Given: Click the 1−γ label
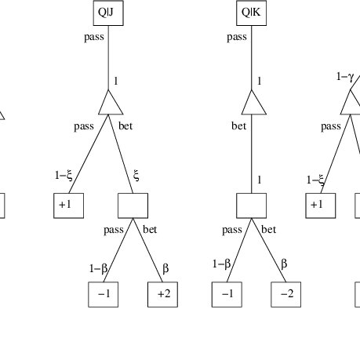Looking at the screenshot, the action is pos(345,77).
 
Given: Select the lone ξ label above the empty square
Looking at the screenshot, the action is pos(136,175).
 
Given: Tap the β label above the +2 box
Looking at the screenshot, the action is pos(165,268).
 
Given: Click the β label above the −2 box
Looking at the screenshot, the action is pos(284,264).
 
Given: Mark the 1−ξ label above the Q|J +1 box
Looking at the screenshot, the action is pos(64,175).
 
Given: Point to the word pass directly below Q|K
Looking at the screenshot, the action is pos(237,37).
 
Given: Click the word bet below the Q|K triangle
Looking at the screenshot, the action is pos(239,126).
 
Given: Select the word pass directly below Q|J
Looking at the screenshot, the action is pos(94,37).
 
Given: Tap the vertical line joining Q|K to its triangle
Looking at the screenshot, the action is pos(252,58).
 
